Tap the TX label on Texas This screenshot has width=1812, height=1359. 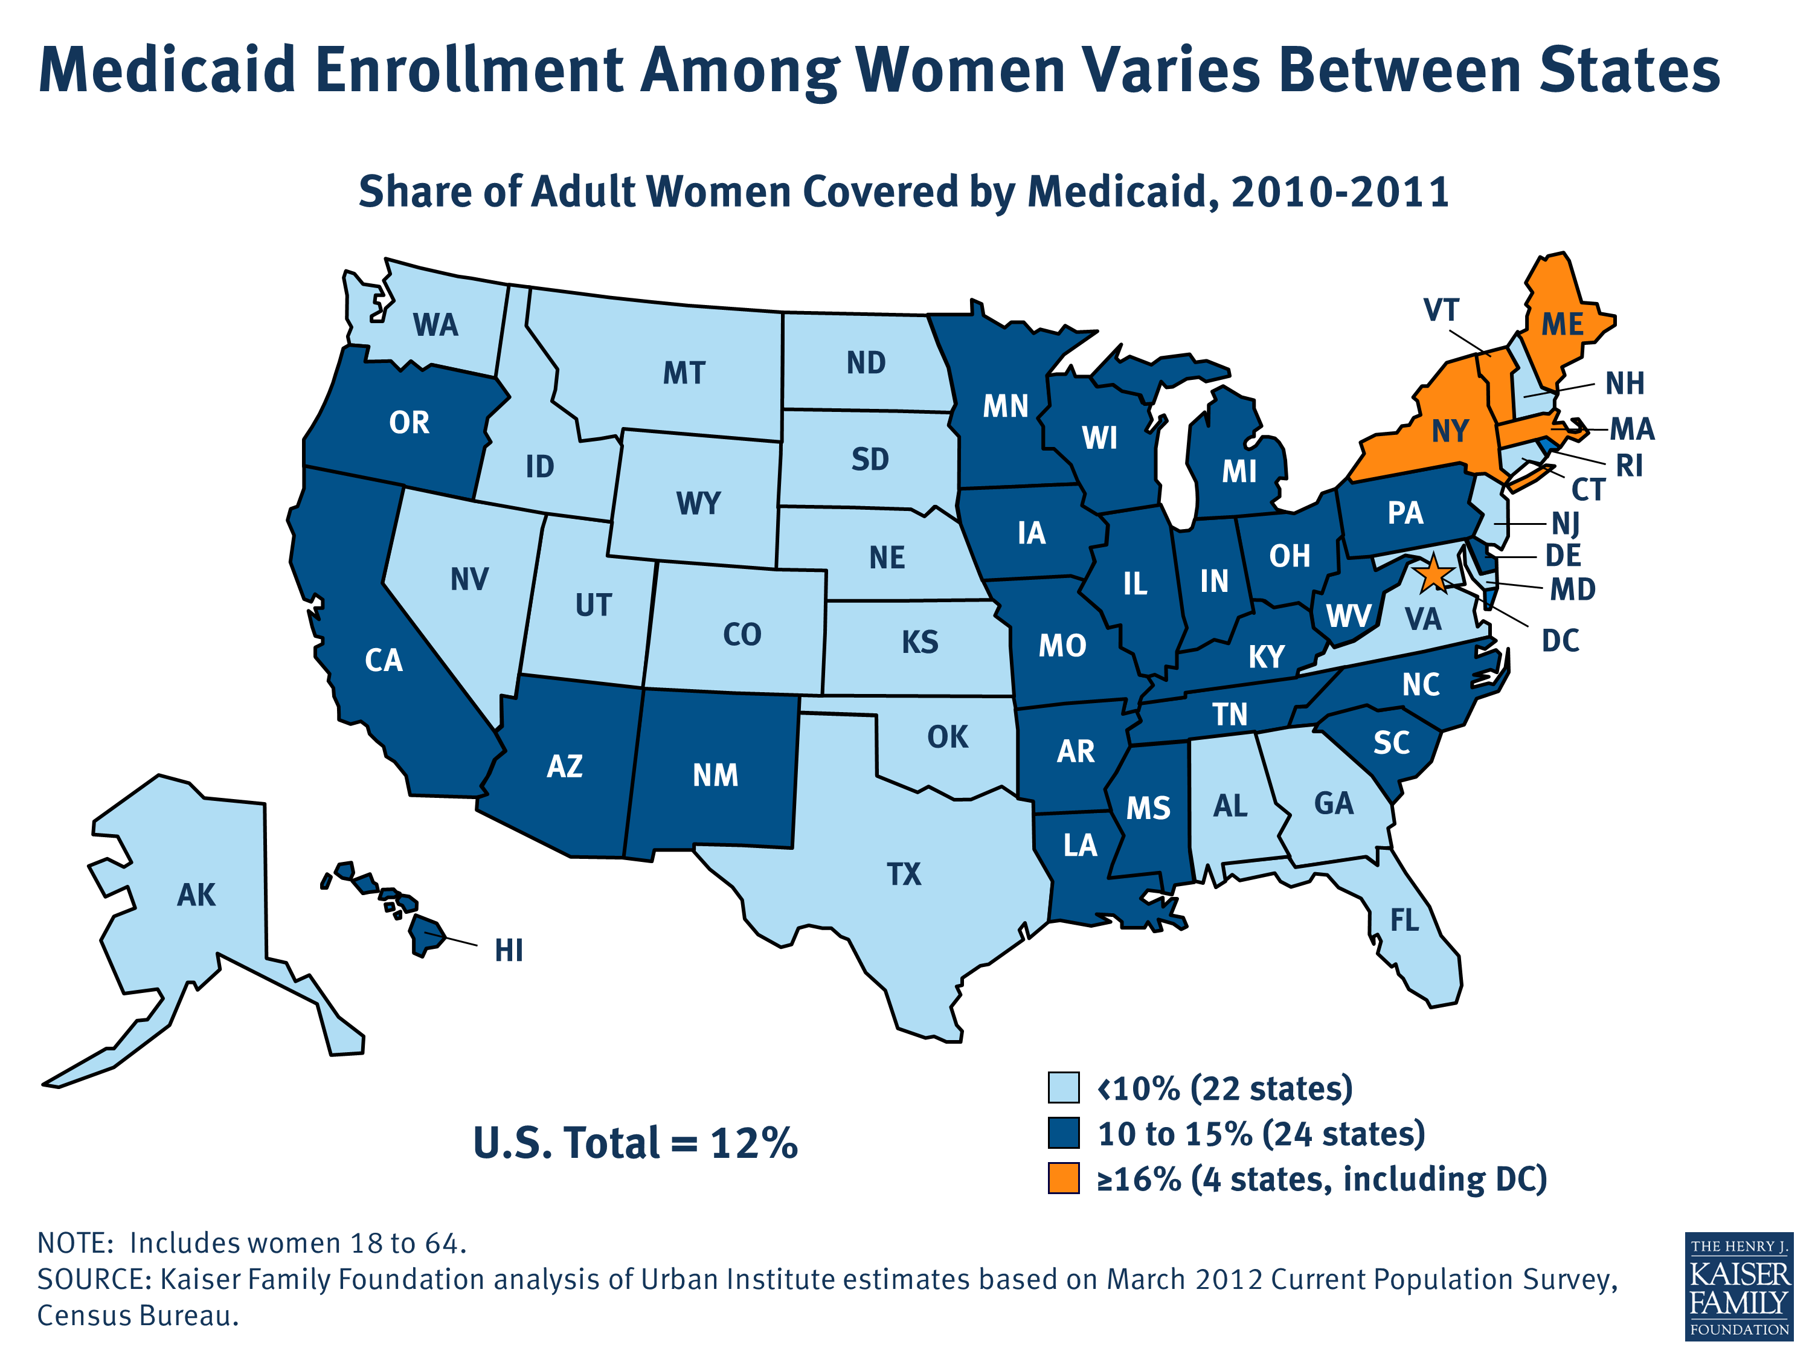click(904, 874)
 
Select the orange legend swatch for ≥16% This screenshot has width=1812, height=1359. click(1063, 1179)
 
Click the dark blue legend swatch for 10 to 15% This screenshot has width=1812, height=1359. click(1063, 1133)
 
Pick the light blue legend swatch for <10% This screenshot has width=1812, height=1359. click(1063, 1088)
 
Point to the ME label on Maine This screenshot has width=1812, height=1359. click(1562, 324)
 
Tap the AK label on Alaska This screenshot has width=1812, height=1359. click(196, 895)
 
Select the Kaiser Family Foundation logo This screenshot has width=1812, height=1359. click(1738, 1286)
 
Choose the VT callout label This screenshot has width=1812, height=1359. click(1441, 310)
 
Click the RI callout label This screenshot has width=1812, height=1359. click(1628, 465)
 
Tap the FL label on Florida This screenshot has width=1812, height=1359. click(1404, 920)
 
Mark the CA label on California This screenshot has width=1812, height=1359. click(384, 660)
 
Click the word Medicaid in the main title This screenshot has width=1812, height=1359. click(167, 71)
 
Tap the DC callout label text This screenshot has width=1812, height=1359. click(1560, 641)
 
